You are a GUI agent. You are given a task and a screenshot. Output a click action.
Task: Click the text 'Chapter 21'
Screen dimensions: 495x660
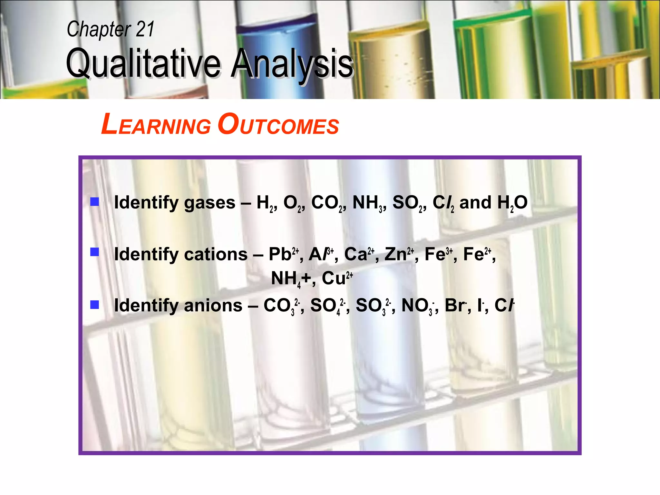coord(111,29)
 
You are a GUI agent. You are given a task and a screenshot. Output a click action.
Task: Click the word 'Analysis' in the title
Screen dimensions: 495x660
coord(292,63)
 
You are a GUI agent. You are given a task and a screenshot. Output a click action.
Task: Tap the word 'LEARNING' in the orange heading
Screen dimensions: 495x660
coord(156,125)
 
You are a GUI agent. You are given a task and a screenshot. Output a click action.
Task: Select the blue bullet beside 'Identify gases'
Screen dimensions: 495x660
coord(94,202)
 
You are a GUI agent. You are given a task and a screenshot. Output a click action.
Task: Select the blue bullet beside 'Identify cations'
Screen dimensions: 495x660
coord(94,252)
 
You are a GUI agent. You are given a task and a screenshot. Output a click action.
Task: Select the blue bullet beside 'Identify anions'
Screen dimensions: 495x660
coord(94,304)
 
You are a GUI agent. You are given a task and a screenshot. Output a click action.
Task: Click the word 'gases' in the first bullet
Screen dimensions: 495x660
coord(209,203)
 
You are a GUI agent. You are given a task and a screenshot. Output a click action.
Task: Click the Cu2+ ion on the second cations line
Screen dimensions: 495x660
coord(337,278)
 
